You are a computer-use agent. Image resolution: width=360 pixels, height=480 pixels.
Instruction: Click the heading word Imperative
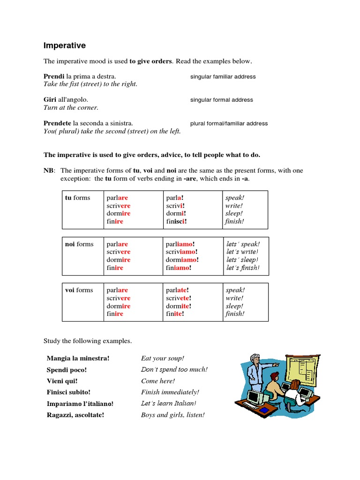pyautogui.click(x=64, y=45)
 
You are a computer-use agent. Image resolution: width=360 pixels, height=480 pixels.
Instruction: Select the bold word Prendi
pyautogui.click(x=54, y=76)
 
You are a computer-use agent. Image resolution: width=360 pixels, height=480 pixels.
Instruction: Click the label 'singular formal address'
pyautogui.click(x=221, y=100)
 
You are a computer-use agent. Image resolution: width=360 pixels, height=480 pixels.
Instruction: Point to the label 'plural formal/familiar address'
pyautogui.click(x=229, y=124)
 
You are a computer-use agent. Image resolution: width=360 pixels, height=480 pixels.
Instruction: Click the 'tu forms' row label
pyautogui.click(x=77, y=198)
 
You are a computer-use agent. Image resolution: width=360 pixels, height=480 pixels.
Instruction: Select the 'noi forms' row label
pyautogui.click(x=79, y=244)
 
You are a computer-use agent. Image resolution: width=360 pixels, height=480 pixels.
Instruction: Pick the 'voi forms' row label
pyautogui.click(x=79, y=290)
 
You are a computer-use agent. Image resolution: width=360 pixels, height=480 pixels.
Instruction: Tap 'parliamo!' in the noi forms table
pyautogui.click(x=180, y=244)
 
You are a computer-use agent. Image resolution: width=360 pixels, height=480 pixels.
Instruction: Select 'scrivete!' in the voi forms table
pyautogui.click(x=179, y=298)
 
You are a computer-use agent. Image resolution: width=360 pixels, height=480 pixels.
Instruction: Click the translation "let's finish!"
pyautogui.click(x=243, y=268)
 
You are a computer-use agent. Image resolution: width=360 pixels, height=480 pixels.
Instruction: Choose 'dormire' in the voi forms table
pyautogui.click(x=119, y=306)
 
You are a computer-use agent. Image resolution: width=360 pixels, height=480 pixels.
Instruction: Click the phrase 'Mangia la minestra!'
pyautogui.click(x=78, y=359)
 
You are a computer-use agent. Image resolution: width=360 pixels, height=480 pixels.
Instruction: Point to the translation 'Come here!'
pyautogui.click(x=158, y=381)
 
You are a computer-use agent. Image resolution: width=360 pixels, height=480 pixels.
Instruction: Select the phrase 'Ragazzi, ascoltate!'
pyautogui.click(x=75, y=415)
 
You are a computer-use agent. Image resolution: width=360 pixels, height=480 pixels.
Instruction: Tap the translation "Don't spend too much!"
pyautogui.click(x=174, y=370)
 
